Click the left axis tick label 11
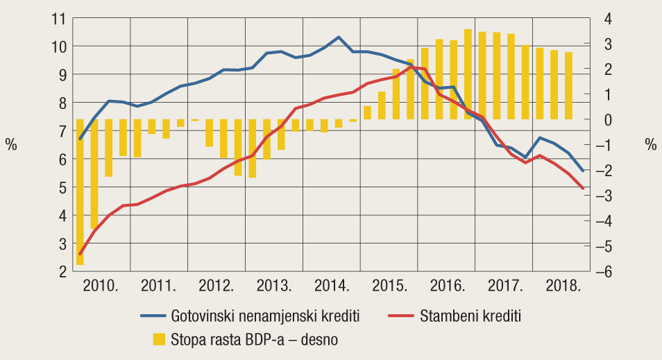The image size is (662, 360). (58, 18)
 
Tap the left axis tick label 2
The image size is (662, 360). (62, 272)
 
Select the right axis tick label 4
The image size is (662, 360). (606, 18)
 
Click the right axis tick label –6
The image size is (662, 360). (602, 272)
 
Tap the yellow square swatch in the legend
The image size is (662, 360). (160, 339)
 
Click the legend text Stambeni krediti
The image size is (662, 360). (470, 316)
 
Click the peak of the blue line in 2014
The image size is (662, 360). (338, 37)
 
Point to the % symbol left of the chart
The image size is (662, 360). (11, 145)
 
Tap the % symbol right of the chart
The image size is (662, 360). (650, 145)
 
